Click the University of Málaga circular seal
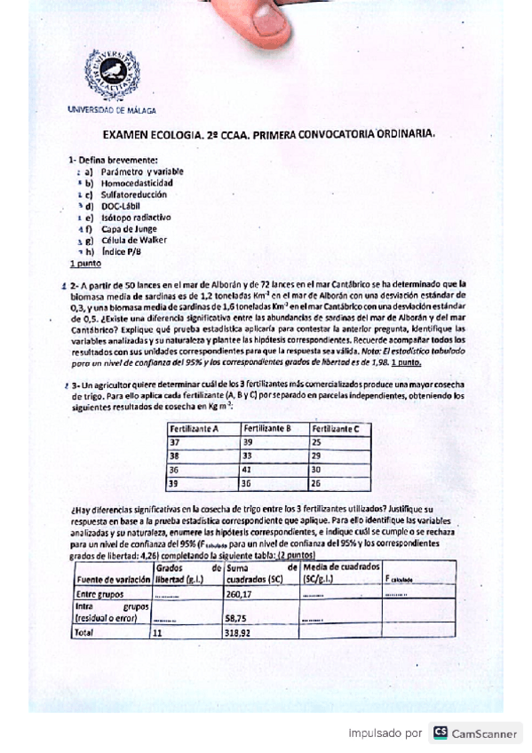112,74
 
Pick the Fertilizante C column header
335,429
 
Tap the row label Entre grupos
98,594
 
